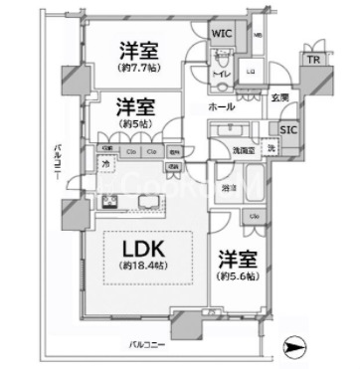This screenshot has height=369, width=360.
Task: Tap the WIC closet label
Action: point(222,31)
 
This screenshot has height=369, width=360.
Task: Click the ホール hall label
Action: point(222,104)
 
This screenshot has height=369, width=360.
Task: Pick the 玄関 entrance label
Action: point(279,97)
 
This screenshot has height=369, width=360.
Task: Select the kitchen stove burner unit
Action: point(106,203)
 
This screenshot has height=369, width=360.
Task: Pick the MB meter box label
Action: point(259,36)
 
